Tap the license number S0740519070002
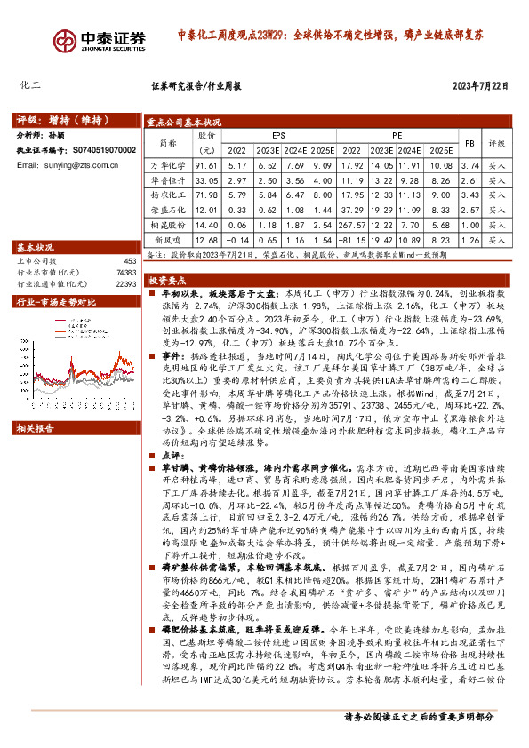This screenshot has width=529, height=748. [x=101, y=151]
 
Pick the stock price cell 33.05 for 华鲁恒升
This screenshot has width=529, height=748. [x=206, y=180]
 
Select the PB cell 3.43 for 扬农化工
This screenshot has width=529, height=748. [x=470, y=195]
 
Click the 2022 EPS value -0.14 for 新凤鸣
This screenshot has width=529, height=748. [x=237, y=240]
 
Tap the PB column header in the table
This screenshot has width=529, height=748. [x=470, y=142]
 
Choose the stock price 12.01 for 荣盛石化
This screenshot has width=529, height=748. [x=206, y=210]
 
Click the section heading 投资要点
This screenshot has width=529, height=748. [x=168, y=278]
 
